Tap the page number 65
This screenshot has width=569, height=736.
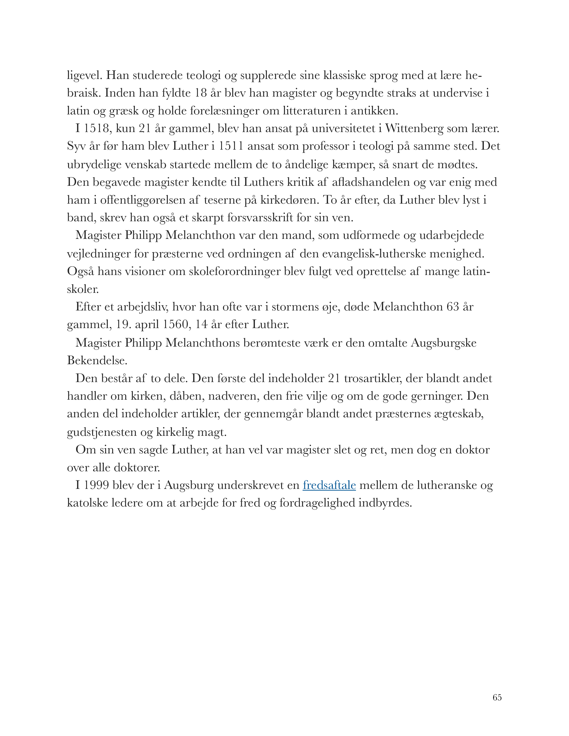coord(497,698)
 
